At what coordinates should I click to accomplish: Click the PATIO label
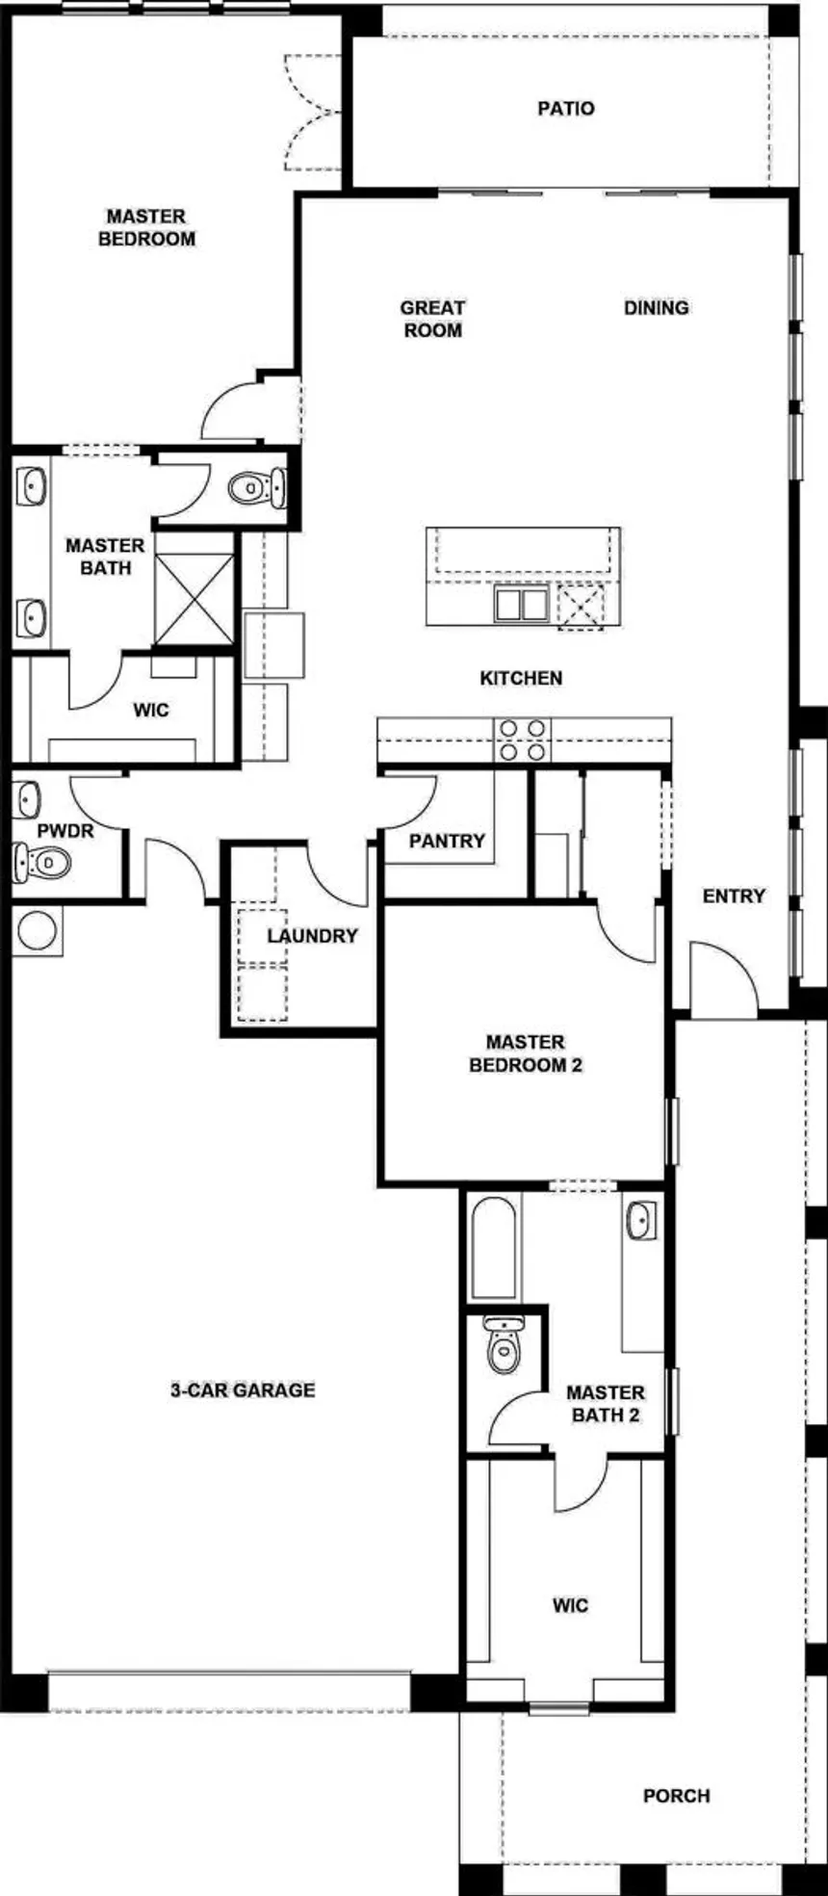pos(566,109)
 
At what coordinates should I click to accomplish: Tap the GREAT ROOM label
pos(432,319)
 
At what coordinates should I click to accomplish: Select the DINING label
pos(656,308)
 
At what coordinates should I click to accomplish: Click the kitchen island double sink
pos(521,605)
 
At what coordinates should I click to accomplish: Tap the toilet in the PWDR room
pos(39,861)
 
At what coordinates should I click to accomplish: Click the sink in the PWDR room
pos(28,798)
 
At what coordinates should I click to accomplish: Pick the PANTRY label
pos(447,842)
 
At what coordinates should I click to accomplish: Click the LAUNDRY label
pos(312,936)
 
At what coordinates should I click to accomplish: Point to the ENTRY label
pos(734,896)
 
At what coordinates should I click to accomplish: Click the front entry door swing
pos(724,980)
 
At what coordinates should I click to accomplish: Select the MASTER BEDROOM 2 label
pos(525,1053)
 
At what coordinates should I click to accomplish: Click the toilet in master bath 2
pos(503,1347)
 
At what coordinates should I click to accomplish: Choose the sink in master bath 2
pos(640,1221)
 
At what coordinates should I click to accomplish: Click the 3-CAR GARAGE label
pos(243,1390)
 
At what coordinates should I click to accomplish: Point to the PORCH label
pos(676,1796)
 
